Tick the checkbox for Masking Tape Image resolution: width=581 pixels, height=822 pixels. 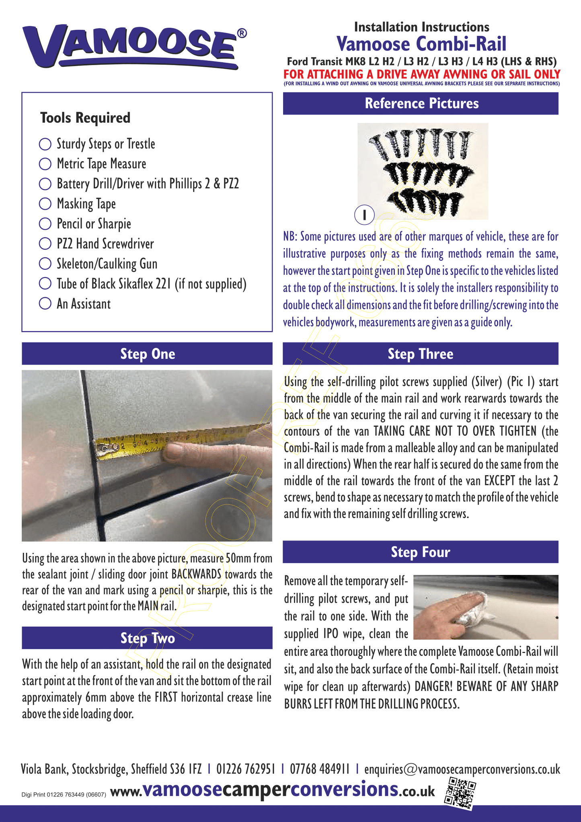pos(45,204)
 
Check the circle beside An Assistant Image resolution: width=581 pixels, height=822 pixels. pos(45,303)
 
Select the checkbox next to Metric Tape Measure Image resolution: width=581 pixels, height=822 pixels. pos(45,164)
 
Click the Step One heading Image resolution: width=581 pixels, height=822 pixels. pos(147,354)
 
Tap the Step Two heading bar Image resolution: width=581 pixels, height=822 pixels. pos(147,638)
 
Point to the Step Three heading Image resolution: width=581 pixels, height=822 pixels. pos(420,354)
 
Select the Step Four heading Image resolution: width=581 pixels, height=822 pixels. pos(420,552)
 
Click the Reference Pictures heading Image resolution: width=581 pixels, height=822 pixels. pos(421,103)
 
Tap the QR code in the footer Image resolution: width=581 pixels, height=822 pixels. pos(460,793)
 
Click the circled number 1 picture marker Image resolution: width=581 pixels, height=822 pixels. pos(364,214)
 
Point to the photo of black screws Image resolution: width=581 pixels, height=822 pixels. pos(423,171)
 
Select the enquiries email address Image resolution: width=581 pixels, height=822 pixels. pos(462,769)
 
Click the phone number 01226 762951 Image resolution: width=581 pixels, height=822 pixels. pos(246,769)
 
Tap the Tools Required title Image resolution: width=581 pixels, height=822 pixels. pos(85,118)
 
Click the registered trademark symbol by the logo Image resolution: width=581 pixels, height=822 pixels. pos(242,33)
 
